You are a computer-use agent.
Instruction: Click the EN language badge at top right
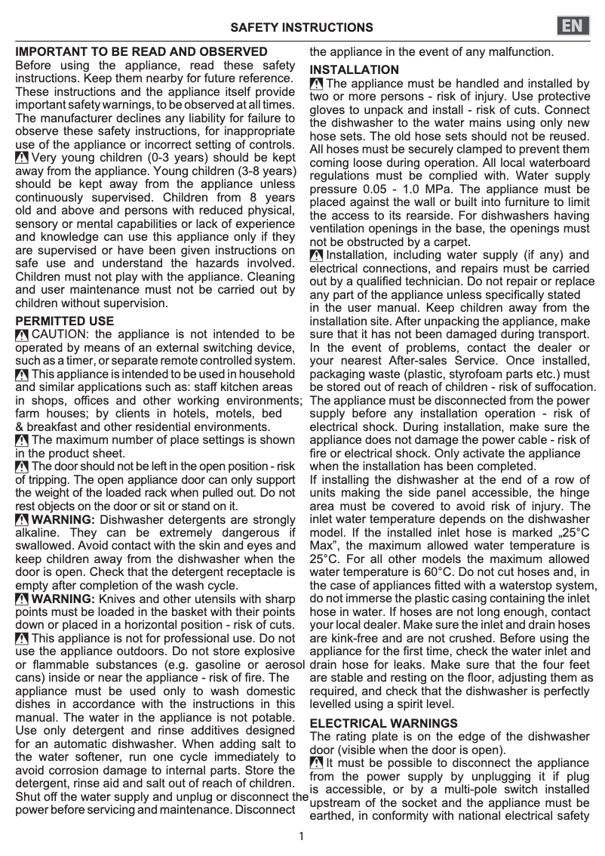click(x=575, y=26)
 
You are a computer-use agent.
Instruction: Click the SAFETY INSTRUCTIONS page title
click(x=302, y=28)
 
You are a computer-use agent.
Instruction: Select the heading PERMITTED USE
click(x=65, y=321)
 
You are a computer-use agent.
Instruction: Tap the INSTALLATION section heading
click(x=355, y=70)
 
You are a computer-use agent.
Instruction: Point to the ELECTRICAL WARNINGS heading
click(x=384, y=723)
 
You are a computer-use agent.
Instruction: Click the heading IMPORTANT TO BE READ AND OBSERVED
click(x=142, y=52)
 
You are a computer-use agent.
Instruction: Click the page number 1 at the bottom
click(x=301, y=836)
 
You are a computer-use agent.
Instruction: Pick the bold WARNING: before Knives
click(x=63, y=599)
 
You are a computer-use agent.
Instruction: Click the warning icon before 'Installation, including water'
click(x=317, y=255)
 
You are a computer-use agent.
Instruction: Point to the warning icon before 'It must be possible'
click(x=317, y=763)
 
